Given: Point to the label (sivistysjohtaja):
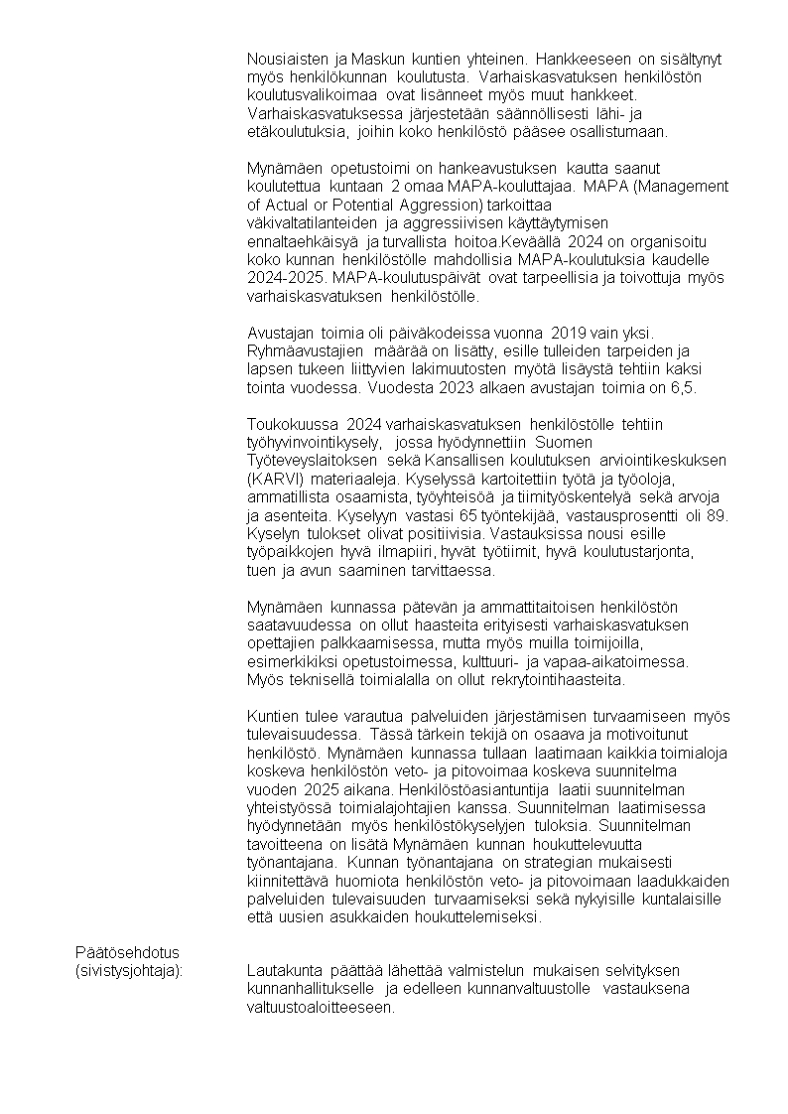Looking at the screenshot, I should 130,970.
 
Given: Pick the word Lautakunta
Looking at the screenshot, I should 285,970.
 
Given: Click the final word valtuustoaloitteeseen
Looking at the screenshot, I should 321,1007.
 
